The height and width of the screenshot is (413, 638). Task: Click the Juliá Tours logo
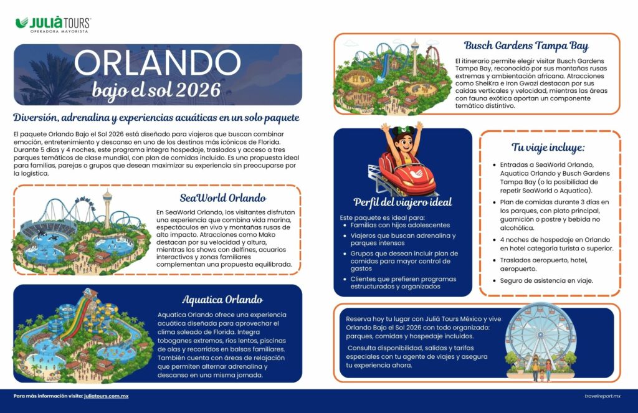tap(53, 24)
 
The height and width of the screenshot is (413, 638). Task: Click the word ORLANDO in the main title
tap(157, 63)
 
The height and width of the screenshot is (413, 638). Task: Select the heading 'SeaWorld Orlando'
tap(222, 198)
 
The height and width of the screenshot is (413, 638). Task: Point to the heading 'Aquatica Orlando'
tap(222, 299)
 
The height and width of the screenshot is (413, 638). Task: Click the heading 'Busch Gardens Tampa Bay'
tap(526, 45)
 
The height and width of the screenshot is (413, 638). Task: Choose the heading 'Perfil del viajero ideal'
tap(402, 202)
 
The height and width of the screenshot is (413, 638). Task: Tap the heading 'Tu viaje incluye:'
tap(548, 148)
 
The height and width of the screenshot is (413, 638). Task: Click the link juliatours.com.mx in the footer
tap(107, 396)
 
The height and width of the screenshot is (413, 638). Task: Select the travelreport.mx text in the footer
tap(602, 396)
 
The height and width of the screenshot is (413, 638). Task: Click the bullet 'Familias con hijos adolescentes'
tap(400, 225)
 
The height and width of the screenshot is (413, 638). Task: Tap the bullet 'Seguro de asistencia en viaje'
tap(546, 280)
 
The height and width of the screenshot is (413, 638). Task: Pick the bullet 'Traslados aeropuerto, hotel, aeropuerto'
tap(544, 263)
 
